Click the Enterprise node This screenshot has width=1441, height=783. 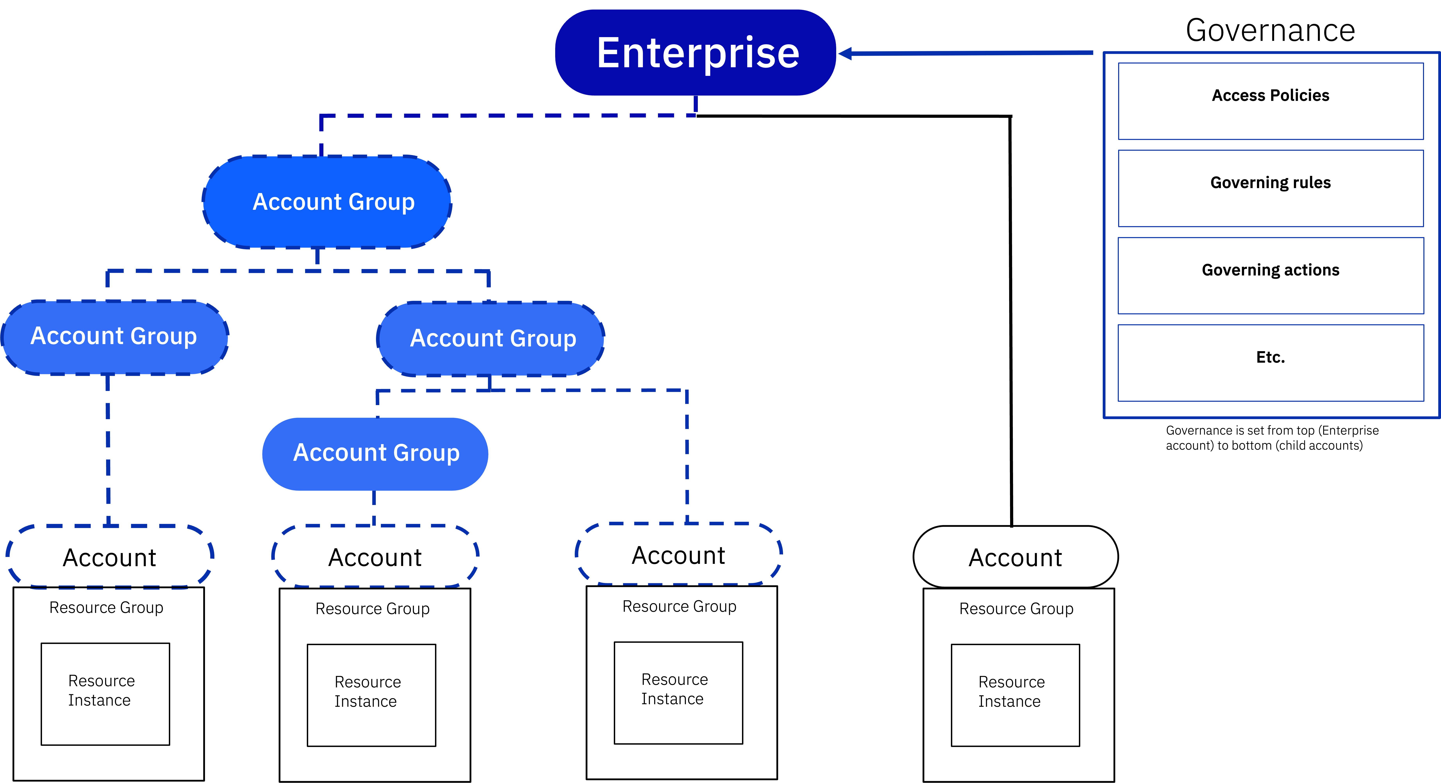[x=695, y=53]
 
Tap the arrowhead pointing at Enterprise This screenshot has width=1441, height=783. [x=845, y=53]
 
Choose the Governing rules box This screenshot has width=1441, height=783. [x=1270, y=188]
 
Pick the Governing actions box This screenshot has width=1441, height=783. [x=1270, y=275]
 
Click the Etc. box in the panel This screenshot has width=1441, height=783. [x=1270, y=363]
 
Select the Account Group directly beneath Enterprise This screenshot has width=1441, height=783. [x=327, y=202]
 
